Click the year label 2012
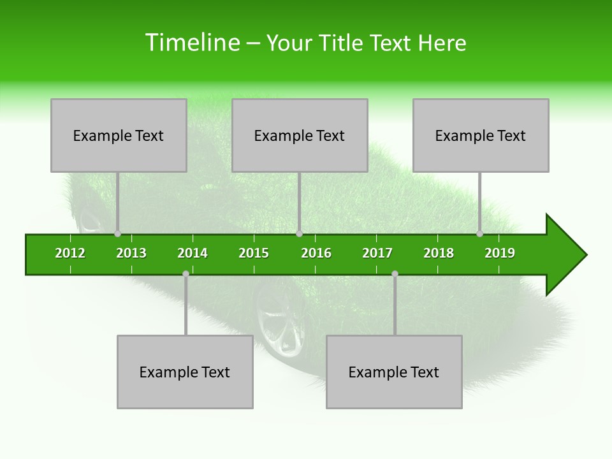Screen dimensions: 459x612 (x=70, y=253)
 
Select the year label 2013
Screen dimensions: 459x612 (x=131, y=253)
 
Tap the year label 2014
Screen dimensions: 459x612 (x=193, y=253)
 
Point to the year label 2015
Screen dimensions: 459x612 (x=254, y=253)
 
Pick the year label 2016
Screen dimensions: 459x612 (x=316, y=253)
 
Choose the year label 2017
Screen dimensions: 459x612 (x=377, y=253)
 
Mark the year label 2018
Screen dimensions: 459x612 (x=439, y=253)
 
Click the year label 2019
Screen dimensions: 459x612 (x=500, y=253)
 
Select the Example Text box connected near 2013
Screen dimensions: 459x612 (x=119, y=135)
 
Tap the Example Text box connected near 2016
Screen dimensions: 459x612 (x=300, y=135)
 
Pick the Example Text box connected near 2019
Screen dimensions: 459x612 (x=481, y=135)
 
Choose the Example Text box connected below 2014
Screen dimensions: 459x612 (x=185, y=372)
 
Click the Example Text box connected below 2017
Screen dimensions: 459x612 (x=394, y=372)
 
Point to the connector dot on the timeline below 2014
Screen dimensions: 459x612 (x=186, y=273)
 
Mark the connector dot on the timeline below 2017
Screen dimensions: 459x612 (x=395, y=273)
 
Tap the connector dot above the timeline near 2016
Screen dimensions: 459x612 (x=299, y=234)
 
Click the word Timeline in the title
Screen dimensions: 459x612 (x=192, y=43)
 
